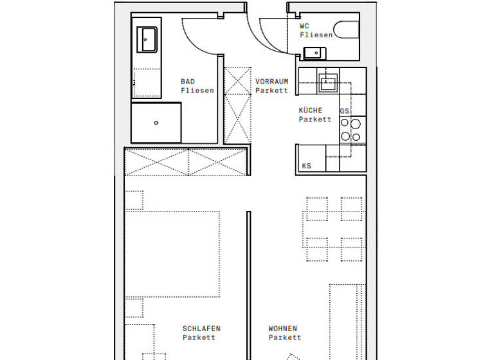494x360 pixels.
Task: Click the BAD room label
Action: pos(187,82)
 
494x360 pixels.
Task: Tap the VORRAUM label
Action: pos(271,82)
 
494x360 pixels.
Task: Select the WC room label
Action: pos(305,26)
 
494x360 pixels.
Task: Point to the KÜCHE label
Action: pos(310,111)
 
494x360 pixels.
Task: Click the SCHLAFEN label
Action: pos(201,328)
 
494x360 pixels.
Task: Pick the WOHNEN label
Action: pos(283,328)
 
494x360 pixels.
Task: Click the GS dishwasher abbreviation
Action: pos(344,111)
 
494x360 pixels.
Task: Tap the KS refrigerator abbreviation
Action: pos(307,166)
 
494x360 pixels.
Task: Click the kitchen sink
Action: pos(329,81)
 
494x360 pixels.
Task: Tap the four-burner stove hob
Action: pos(351,130)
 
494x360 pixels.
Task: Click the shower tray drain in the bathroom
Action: pos(156,122)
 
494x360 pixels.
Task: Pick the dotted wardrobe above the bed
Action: pos(186,161)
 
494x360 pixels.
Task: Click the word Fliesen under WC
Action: pos(316,35)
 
